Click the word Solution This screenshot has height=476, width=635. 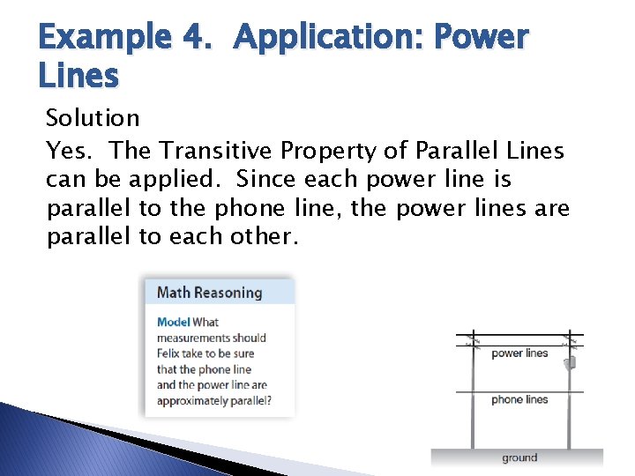(x=93, y=118)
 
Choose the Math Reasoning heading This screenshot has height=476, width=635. (x=209, y=293)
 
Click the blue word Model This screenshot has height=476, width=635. (x=173, y=322)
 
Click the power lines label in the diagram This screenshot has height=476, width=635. (x=519, y=353)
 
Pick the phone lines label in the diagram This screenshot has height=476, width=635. (x=519, y=399)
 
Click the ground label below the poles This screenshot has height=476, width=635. (x=519, y=457)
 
